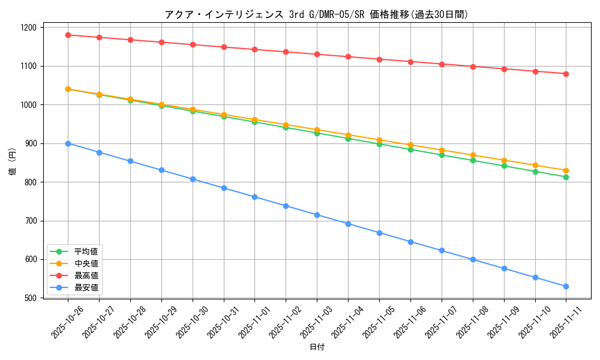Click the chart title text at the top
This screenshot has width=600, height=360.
coord(316,14)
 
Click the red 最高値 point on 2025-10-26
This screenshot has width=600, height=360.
coord(68,35)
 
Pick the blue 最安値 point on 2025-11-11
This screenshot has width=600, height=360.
coord(566,286)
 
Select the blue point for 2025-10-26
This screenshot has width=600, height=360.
coord(68,143)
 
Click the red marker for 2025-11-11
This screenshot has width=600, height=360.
coord(566,74)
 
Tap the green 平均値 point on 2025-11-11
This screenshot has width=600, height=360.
coord(566,177)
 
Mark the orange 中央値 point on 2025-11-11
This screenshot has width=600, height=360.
coord(566,170)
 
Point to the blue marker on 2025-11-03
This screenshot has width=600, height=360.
coord(317,215)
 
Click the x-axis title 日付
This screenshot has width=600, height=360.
coord(317,347)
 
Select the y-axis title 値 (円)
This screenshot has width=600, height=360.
coord(13,163)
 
